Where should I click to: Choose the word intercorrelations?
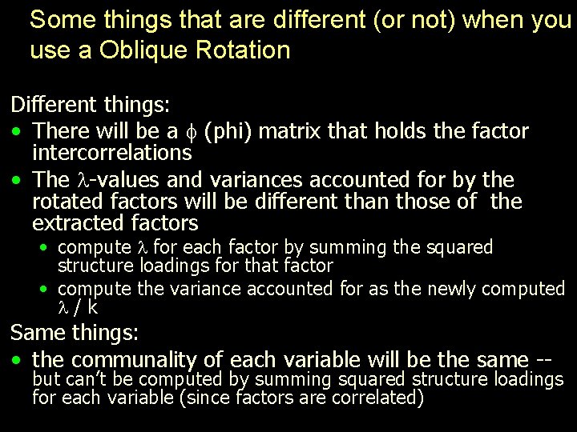[111, 152]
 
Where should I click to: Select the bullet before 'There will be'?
[16, 130]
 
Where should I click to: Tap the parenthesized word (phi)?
[230, 131]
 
